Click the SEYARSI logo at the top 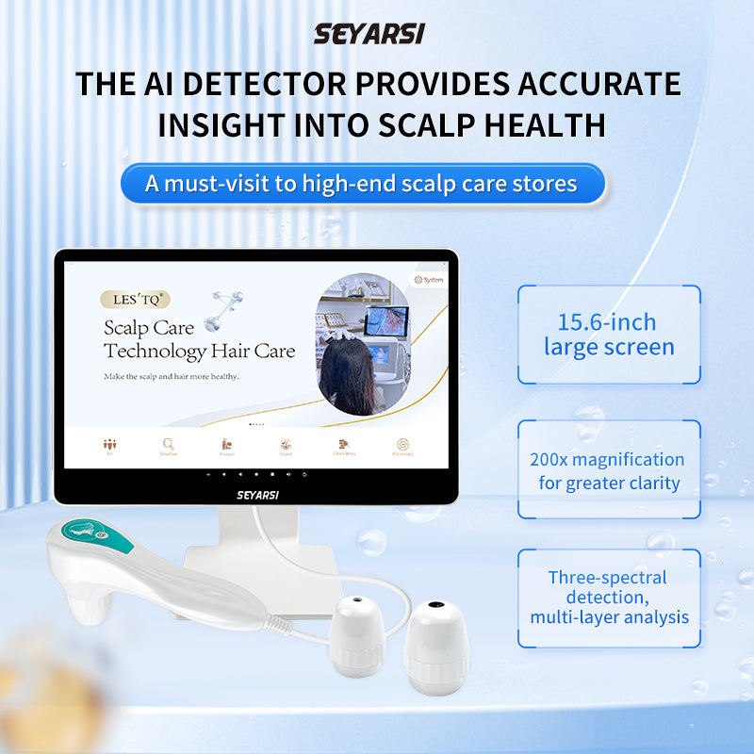tap(369, 34)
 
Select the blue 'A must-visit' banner tap(361, 183)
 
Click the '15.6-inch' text tap(608, 321)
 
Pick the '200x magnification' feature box tap(608, 470)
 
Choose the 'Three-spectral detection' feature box tap(608, 598)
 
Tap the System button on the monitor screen tap(429, 279)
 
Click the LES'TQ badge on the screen tap(135, 300)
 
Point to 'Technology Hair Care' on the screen tap(199, 352)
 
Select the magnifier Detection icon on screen tap(168, 445)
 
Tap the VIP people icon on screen tap(110, 445)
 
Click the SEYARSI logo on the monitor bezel tap(257, 493)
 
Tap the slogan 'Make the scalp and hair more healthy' tap(172, 377)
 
